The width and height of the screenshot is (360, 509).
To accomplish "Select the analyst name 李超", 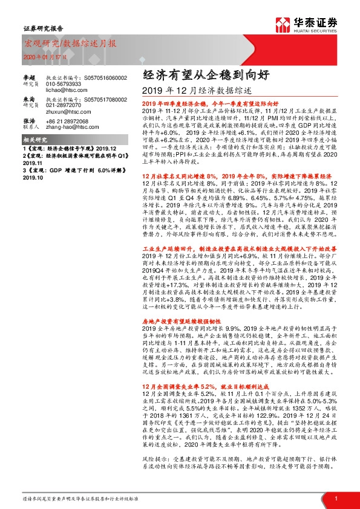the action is (x=29, y=78).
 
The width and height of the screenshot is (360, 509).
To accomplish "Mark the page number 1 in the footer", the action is (x=335, y=498).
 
